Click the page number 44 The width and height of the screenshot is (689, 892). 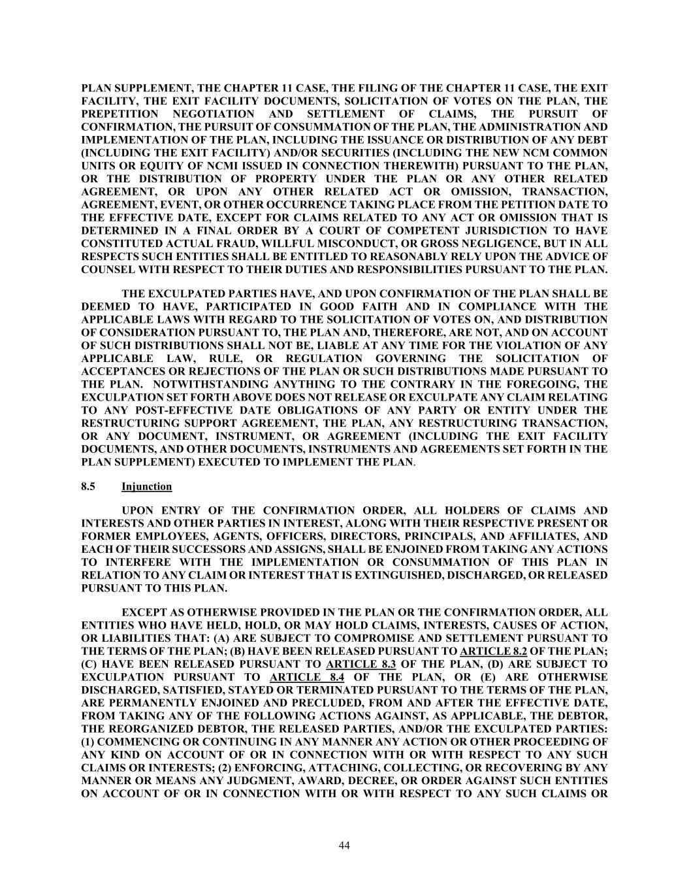click(344, 845)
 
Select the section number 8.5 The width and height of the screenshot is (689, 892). click(89, 487)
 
